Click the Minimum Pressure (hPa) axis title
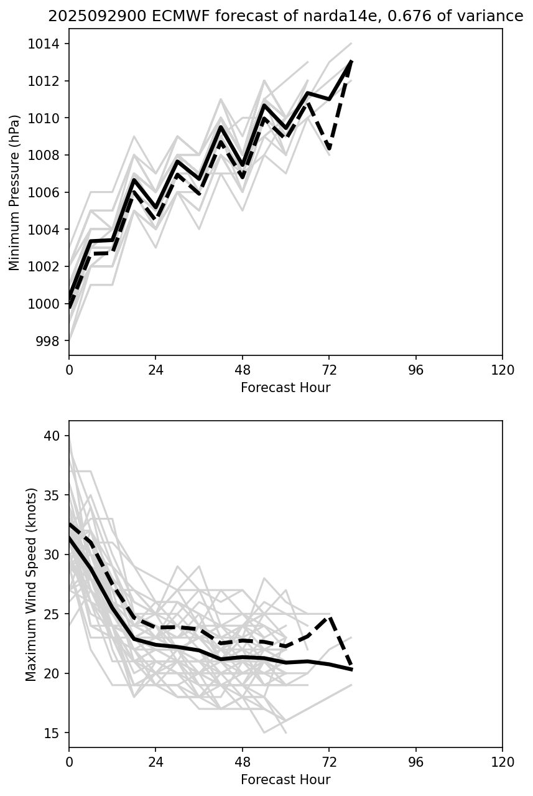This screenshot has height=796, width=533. point(15,192)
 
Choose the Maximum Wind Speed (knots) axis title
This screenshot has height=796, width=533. point(32,584)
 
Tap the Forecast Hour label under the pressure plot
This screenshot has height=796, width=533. point(285,388)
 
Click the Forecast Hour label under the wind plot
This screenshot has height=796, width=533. point(285,780)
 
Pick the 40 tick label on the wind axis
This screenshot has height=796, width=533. point(54,436)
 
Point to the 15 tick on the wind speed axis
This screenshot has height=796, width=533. point(54,733)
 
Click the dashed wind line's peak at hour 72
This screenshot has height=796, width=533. point(330,616)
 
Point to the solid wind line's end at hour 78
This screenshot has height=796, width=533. point(351,670)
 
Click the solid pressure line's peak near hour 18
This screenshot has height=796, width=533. point(134,180)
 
